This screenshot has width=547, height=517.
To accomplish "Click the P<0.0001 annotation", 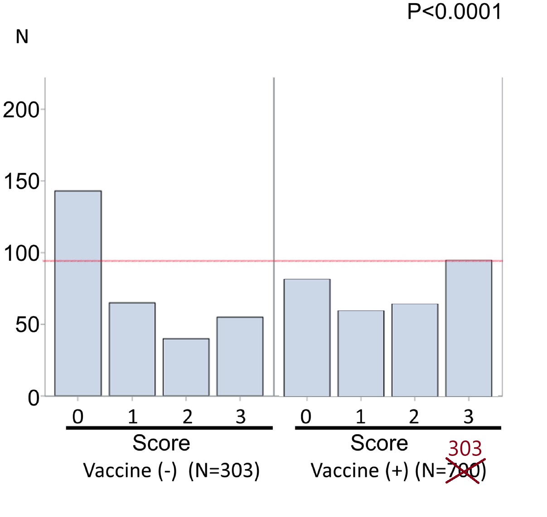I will [454, 11].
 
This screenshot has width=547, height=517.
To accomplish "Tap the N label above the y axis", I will [22, 37].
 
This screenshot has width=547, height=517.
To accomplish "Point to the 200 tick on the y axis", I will [21, 110].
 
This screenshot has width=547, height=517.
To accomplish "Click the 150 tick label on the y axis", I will [21, 182].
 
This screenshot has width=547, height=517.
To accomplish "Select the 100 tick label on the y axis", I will [21, 254].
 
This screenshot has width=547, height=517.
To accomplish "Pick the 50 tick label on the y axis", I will [27, 325].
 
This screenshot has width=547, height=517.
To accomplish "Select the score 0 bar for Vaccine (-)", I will [78, 293].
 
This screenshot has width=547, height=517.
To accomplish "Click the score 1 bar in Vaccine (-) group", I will [132, 349].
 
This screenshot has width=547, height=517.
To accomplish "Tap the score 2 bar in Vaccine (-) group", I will [186, 367].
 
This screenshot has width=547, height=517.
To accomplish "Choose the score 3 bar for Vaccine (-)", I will [240, 356].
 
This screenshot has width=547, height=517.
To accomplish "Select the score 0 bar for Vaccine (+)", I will [307, 337].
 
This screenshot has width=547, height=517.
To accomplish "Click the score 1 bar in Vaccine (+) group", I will [361, 353].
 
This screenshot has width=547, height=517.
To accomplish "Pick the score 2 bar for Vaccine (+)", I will [415, 350].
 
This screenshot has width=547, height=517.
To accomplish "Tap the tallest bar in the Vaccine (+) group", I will [469, 328].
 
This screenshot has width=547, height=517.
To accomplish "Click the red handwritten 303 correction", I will [465, 449].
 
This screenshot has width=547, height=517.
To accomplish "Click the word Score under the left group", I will [161, 443].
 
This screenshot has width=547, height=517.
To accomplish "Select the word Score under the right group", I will [379, 443].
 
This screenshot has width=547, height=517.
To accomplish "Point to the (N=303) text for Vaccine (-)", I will [224, 471].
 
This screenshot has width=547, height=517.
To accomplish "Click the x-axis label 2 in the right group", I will [414, 416].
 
